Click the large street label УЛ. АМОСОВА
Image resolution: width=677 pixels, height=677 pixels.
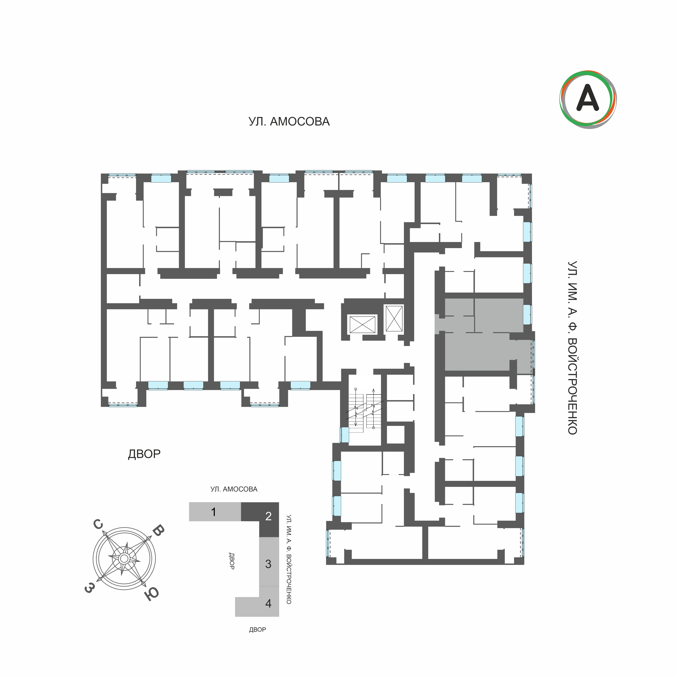point(289,122)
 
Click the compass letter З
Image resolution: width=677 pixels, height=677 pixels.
point(89,588)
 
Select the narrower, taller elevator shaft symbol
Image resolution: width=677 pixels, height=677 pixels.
point(394,318)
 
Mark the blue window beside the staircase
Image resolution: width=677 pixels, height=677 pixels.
point(344,435)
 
